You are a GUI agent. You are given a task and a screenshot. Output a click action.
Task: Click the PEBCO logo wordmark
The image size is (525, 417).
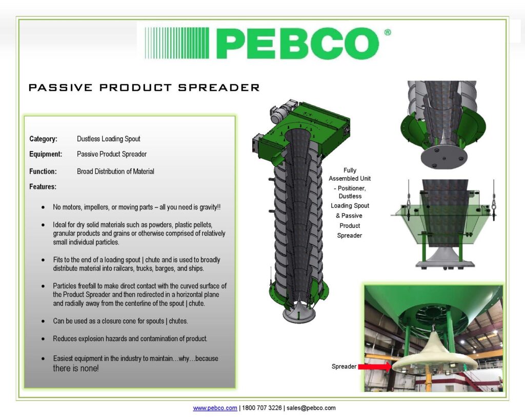pyautogui.click(x=297, y=43)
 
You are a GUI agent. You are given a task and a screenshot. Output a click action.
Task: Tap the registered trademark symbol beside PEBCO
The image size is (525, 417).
pyautogui.click(x=387, y=32)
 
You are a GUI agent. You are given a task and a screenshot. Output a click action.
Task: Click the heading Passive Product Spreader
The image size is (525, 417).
pyautogui.click(x=144, y=88)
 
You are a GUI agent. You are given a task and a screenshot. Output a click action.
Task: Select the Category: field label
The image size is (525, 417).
pyautogui.click(x=43, y=139)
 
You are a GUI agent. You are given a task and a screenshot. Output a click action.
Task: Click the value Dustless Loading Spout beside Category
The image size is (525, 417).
pyautogui.click(x=108, y=139)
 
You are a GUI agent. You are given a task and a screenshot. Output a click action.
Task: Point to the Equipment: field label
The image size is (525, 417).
pyautogui.click(x=46, y=154)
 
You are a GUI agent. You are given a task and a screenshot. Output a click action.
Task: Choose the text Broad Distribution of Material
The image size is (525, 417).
pyautogui.click(x=115, y=172)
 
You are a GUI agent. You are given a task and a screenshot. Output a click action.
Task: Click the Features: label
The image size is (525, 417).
pyautogui.click(x=43, y=186)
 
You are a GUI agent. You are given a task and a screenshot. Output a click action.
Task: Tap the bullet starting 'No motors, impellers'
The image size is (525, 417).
pyautogui.click(x=137, y=207)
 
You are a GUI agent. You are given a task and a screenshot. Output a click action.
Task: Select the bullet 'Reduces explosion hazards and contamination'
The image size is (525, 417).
pyautogui.click(x=130, y=339)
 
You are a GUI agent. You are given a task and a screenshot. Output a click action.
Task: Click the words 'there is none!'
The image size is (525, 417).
pyautogui.click(x=75, y=368)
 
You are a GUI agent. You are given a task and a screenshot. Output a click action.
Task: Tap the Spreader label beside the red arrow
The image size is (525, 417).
pyautogui.click(x=344, y=367)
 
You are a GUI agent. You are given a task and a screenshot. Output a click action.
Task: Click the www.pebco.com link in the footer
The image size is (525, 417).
pyautogui.click(x=215, y=408)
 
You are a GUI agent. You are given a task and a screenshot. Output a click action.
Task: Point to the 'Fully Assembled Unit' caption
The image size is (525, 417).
pyautogui.click(x=350, y=174)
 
